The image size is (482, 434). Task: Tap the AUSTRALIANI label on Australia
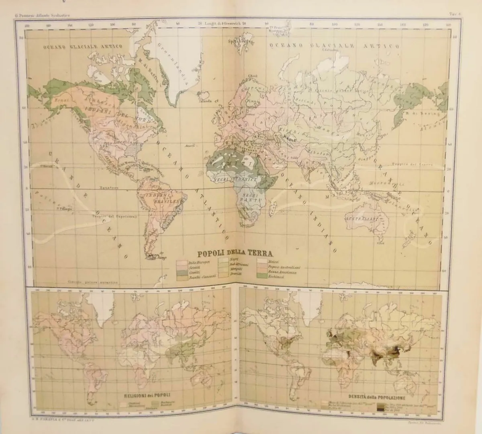coord(361,219)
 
